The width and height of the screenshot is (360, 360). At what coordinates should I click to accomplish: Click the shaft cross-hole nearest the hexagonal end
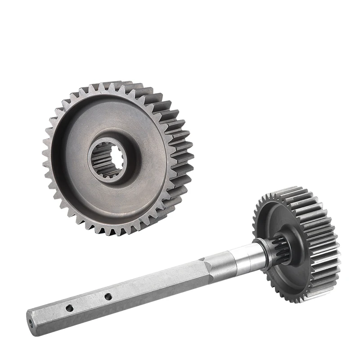pyautogui.click(x=69, y=308)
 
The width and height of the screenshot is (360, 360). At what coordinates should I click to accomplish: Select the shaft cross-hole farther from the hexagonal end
pyautogui.click(x=108, y=297)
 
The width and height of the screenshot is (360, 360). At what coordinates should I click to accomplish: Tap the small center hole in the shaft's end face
pyautogui.click(x=30, y=322)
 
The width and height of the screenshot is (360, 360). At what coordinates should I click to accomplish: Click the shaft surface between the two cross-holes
pyautogui.click(x=89, y=302)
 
